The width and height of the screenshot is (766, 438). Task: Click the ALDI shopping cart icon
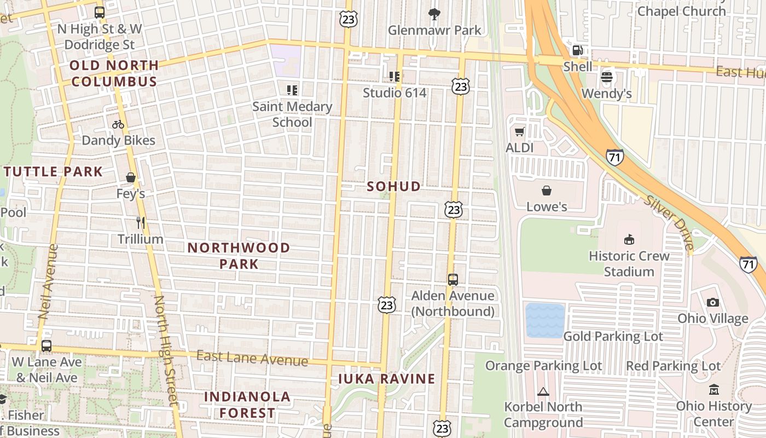pyautogui.click(x=519, y=131)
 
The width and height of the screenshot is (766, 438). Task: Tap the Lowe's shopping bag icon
pyautogui.click(x=546, y=191)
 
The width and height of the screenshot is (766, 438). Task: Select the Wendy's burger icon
pyautogui.click(x=606, y=77)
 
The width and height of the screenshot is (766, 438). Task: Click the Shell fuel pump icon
pyautogui.click(x=577, y=50)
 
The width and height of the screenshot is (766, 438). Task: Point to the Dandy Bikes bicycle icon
pyautogui.click(x=118, y=124)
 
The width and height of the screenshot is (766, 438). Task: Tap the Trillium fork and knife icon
pyautogui.click(x=141, y=223)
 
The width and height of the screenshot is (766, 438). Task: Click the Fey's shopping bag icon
pyautogui.click(x=131, y=177)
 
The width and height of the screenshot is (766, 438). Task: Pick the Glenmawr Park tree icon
pyautogui.click(x=434, y=14)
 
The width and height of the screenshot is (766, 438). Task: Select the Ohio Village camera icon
pyautogui.click(x=712, y=302)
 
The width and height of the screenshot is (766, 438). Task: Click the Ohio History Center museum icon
pyautogui.click(x=713, y=390)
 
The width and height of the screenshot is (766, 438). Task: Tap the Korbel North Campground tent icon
pyautogui.click(x=543, y=391)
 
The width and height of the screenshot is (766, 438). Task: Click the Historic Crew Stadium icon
pyautogui.click(x=629, y=239)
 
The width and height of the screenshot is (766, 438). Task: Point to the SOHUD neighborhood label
pyautogui.click(x=394, y=187)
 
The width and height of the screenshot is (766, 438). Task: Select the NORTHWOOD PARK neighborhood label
pyautogui.click(x=239, y=256)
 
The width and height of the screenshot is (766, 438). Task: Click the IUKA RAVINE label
pyautogui.click(x=386, y=379)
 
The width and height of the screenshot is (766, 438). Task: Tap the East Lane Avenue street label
pyautogui.click(x=252, y=359)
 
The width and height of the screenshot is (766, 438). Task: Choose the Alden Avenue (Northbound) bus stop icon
pyautogui.click(x=452, y=280)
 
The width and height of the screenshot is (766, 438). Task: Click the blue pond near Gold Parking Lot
pyautogui.click(x=545, y=320)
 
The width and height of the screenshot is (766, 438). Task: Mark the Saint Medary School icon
pyautogui.click(x=292, y=90)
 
